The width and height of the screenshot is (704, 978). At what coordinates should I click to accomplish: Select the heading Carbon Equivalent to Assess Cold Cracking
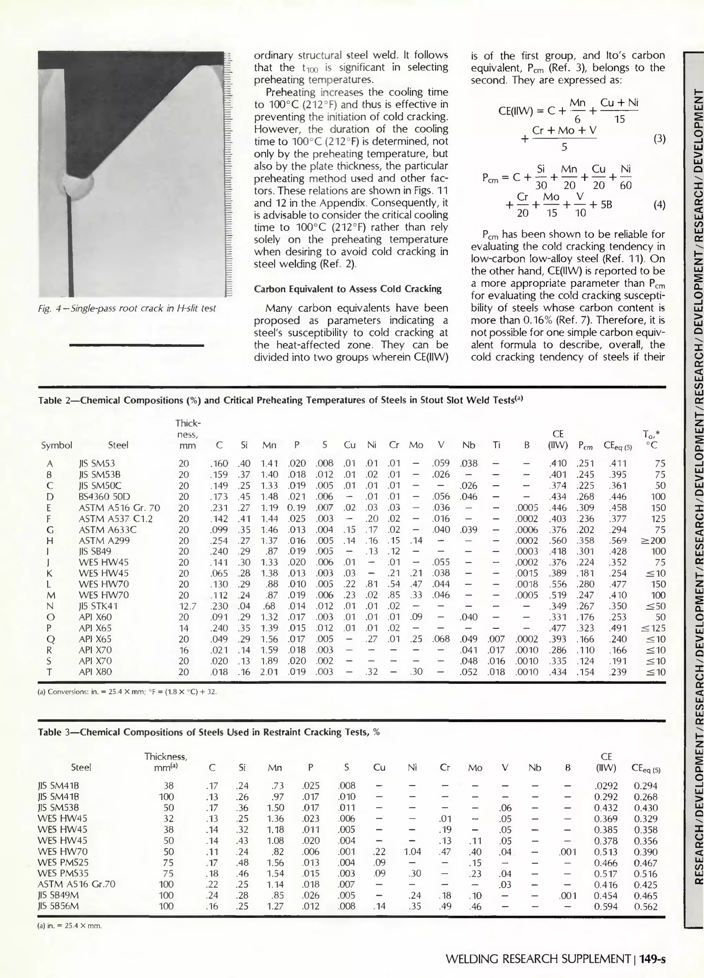(x=348, y=289)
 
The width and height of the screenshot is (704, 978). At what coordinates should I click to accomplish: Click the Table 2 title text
(x=280, y=400)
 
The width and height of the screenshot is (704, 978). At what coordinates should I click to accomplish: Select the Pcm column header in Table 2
(x=585, y=446)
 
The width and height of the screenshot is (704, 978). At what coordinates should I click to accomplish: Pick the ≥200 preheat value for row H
(x=653, y=540)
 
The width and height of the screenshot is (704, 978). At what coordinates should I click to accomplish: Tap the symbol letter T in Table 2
(x=49, y=672)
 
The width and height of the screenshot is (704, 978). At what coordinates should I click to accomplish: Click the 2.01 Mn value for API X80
(x=269, y=672)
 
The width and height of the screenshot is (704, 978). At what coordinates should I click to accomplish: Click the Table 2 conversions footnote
(x=128, y=692)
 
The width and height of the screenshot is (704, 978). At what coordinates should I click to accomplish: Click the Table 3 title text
(x=209, y=732)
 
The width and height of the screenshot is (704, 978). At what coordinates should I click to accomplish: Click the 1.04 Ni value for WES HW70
(x=412, y=851)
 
